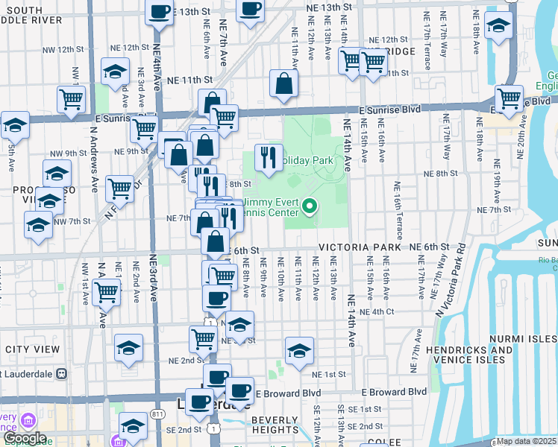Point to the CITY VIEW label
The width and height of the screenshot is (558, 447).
tap(32, 349)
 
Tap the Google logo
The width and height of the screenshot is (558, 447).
tap(25, 439)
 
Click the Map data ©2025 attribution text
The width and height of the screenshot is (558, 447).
tap(527, 441)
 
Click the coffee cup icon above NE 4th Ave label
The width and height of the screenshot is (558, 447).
tap(159, 12)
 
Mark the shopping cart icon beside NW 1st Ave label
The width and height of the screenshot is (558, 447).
tap(107, 291)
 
